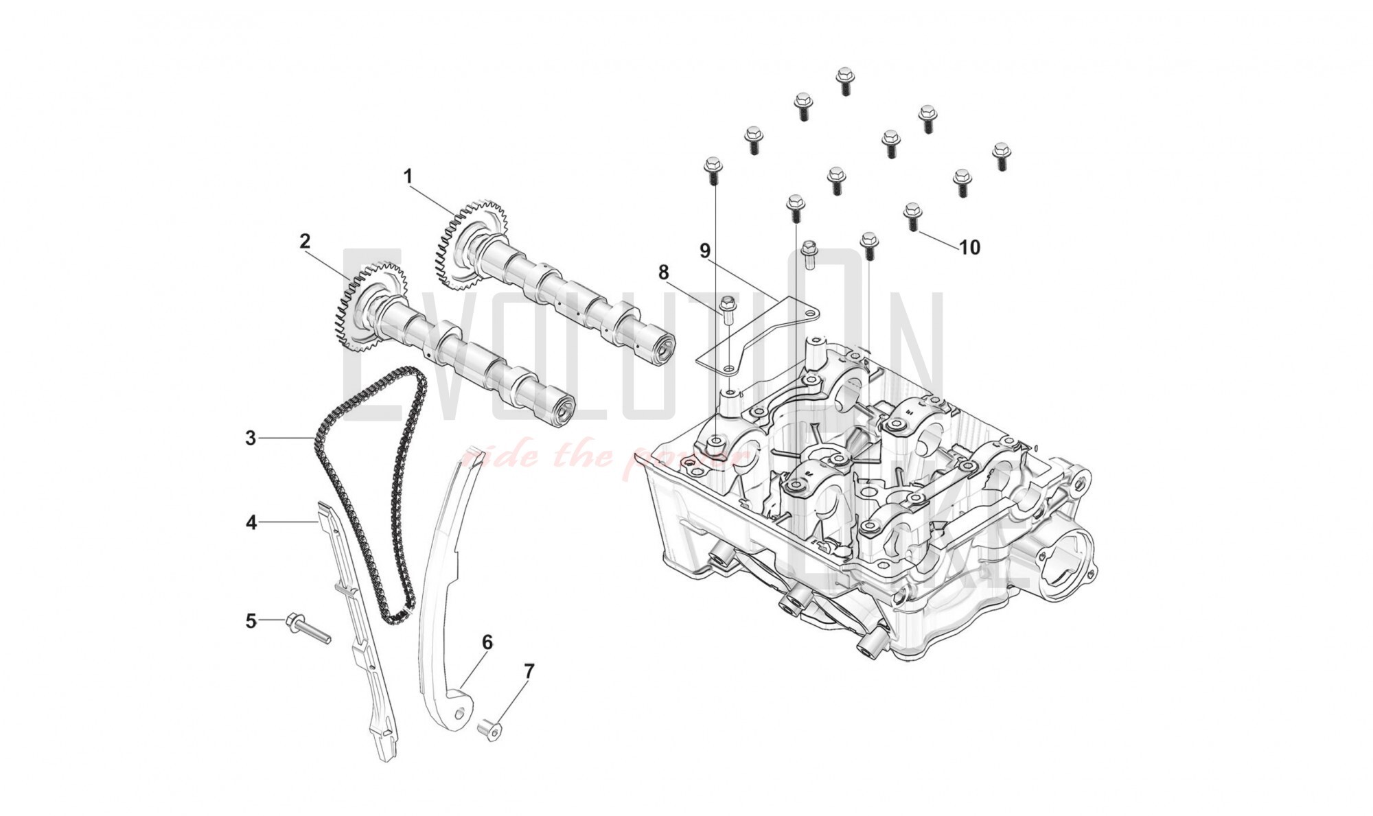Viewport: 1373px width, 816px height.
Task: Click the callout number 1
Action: click(x=408, y=177)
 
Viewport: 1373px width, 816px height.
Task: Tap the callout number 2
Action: click(x=305, y=241)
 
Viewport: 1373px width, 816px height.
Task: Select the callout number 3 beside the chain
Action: click(x=251, y=438)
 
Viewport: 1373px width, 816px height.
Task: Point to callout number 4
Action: click(x=251, y=523)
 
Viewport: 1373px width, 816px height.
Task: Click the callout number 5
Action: click(x=251, y=621)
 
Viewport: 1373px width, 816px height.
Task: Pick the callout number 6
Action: click(x=487, y=642)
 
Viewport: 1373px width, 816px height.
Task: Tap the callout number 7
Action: click(x=529, y=672)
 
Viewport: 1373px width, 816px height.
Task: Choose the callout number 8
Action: click(x=663, y=272)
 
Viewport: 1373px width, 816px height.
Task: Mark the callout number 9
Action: click(x=704, y=251)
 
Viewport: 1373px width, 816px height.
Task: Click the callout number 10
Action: click(x=969, y=247)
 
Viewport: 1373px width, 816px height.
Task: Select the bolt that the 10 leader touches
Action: click(x=912, y=216)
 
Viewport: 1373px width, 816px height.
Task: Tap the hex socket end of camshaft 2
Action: click(x=562, y=413)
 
